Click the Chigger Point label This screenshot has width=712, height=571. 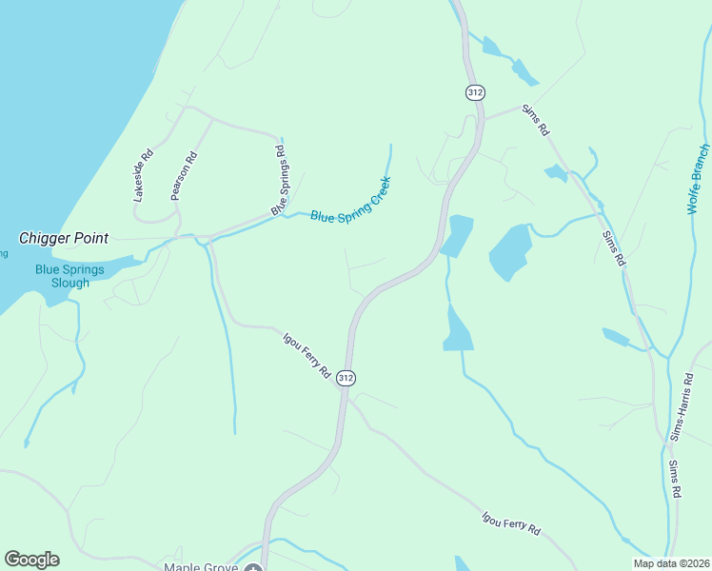63,238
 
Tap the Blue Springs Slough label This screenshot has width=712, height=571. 63,276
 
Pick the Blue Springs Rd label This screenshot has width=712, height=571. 278,179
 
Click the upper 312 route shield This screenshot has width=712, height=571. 476,92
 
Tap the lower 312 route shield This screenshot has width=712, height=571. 346,378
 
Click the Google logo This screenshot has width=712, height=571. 31,560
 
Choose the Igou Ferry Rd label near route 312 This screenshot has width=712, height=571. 307,353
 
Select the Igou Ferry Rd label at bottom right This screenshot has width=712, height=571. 510,524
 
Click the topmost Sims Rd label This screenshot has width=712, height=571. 536,121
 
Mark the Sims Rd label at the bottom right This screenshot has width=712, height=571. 675,481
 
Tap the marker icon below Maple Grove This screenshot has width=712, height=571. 252,568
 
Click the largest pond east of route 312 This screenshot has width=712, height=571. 510,250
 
